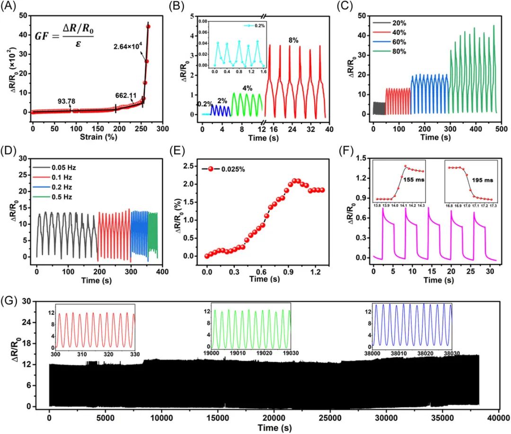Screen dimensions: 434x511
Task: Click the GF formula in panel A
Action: [64, 36]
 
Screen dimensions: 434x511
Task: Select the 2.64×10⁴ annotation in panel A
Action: [128, 46]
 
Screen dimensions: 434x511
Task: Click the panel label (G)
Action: [10, 301]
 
